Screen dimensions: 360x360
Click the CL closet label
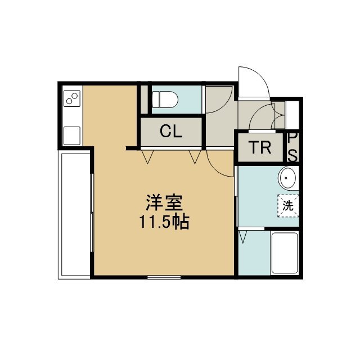(x=171, y=131)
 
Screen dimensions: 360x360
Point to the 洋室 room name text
(x=164, y=202)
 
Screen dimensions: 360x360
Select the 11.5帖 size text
(x=164, y=222)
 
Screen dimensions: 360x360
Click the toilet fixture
(x=165, y=100)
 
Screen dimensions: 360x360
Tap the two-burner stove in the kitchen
(x=72, y=98)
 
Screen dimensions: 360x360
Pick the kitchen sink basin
(x=72, y=136)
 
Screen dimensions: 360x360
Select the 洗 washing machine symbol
(x=288, y=206)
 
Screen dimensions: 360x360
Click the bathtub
(x=285, y=253)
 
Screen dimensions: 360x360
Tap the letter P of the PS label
(x=292, y=138)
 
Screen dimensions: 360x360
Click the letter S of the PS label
(x=292, y=156)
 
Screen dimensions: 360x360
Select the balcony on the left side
(x=75, y=215)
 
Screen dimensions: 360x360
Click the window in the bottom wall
(x=164, y=277)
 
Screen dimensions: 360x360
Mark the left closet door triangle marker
(x=147, y=157)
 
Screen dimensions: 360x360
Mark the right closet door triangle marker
(x=195, y=157)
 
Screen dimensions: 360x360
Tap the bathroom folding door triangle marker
(x=243, y=237)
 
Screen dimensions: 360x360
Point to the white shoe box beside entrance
(x=292, y=115)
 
